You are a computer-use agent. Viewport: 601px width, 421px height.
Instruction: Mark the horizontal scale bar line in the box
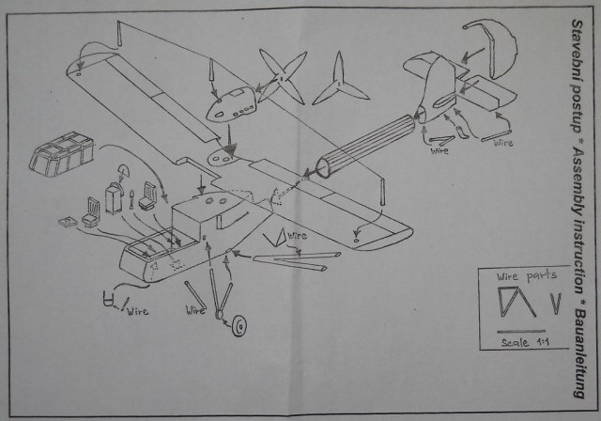(x=525, y=331)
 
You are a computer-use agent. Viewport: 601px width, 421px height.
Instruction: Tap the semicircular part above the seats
(x=124, y=171)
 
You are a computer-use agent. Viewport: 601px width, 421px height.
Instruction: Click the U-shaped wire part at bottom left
(x=111, y=303)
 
